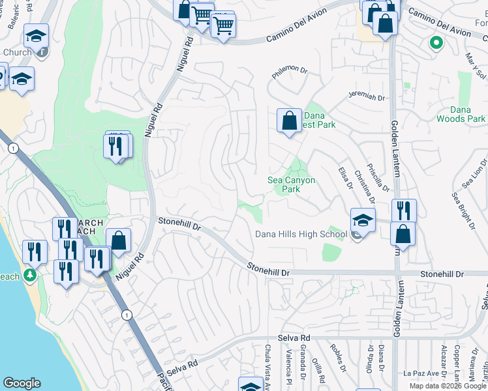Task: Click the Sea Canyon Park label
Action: click(x=292, y=184)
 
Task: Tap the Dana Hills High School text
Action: click(x=301, y=235)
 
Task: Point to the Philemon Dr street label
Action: click(x=288, y=69)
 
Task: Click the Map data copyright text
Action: click(x=448, y=386)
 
